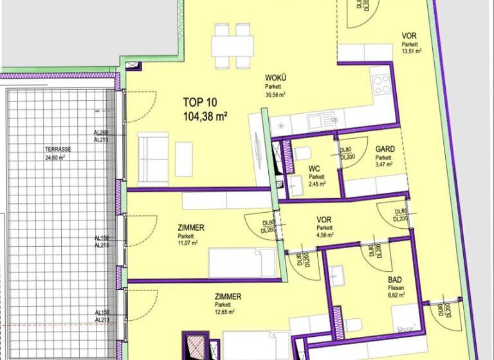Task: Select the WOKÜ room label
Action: [x=275, y=78]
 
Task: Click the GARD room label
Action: [x=385, y=149]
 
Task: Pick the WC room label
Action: [x=315, y=170]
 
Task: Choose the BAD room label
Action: [x=394, y=280]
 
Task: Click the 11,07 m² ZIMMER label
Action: [x=191, y=228]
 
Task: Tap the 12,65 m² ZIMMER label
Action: [x=228, y=296]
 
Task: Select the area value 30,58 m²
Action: [x=275, y=94]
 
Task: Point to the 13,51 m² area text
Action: [x=411, y=51]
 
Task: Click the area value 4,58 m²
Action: [x=325, y=235]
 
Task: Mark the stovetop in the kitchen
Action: [x=381, y=84]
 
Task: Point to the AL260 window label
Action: [x=100, y=132]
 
